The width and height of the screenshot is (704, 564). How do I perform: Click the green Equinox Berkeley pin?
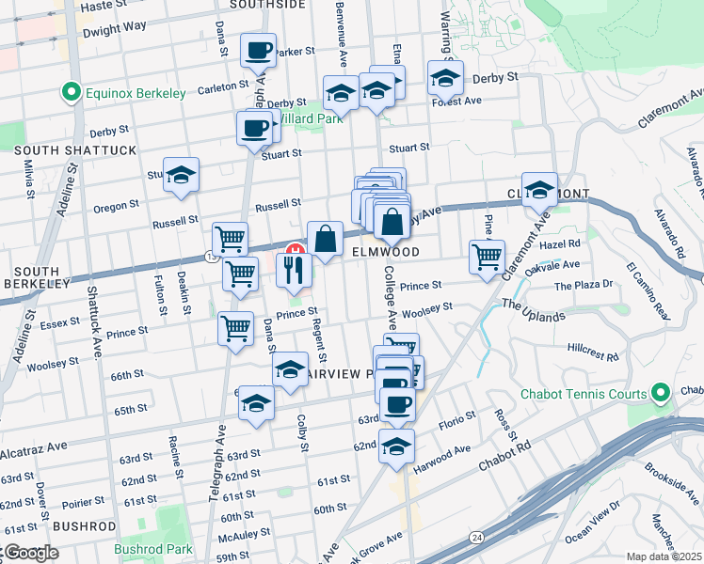(x=69, y=93)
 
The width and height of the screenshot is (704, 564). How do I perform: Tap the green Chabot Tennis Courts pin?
(x=661, y=393)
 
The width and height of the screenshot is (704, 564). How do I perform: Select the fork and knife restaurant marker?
(x=294, y=270)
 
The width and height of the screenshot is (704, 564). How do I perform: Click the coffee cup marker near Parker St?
(x=257, y=51)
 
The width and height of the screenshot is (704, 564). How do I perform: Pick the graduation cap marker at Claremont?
(x=539, y=190)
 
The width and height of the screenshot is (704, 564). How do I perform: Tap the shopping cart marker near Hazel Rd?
(x=487, y=256)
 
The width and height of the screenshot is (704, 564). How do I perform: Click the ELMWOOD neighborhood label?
(x=385, y=252)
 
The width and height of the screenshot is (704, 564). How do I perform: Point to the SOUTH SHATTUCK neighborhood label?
(x=75, y=150)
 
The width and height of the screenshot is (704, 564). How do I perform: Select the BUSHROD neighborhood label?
(x=85, y=525)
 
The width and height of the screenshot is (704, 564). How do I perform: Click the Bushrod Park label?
(x=152, y=549)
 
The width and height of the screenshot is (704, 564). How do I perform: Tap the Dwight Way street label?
(x=114, y=28)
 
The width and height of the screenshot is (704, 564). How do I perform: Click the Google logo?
(x=30, y=553)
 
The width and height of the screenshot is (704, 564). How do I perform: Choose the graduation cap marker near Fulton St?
(x=181, y=175)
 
